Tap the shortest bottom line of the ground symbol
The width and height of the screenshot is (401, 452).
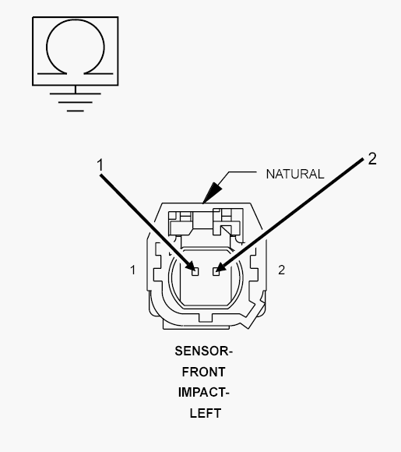point(76,111)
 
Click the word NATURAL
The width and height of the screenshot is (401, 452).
point(295,174)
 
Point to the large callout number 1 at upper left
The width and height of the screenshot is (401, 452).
point(100,165)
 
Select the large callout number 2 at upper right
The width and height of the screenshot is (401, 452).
point(372,159)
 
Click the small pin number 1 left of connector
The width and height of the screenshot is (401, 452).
point(132,270)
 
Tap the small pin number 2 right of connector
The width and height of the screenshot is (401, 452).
point(281,270)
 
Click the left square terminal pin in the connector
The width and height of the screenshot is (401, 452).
point(195,271)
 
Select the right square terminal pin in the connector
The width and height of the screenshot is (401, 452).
point(216,271)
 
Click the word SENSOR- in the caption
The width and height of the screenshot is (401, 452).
point(203,351)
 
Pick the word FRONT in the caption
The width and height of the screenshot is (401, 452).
point(203,372)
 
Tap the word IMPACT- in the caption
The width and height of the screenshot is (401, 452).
point(203,392)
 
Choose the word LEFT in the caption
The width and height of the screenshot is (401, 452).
point(206,413)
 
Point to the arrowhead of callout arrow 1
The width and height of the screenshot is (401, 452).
point(190,265)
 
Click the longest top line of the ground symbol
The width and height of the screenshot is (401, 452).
point(76,94)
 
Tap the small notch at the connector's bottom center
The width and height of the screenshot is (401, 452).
point(206,318)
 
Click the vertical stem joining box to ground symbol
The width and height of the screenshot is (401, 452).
point(76,90)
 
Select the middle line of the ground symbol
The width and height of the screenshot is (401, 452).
point(76,102)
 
